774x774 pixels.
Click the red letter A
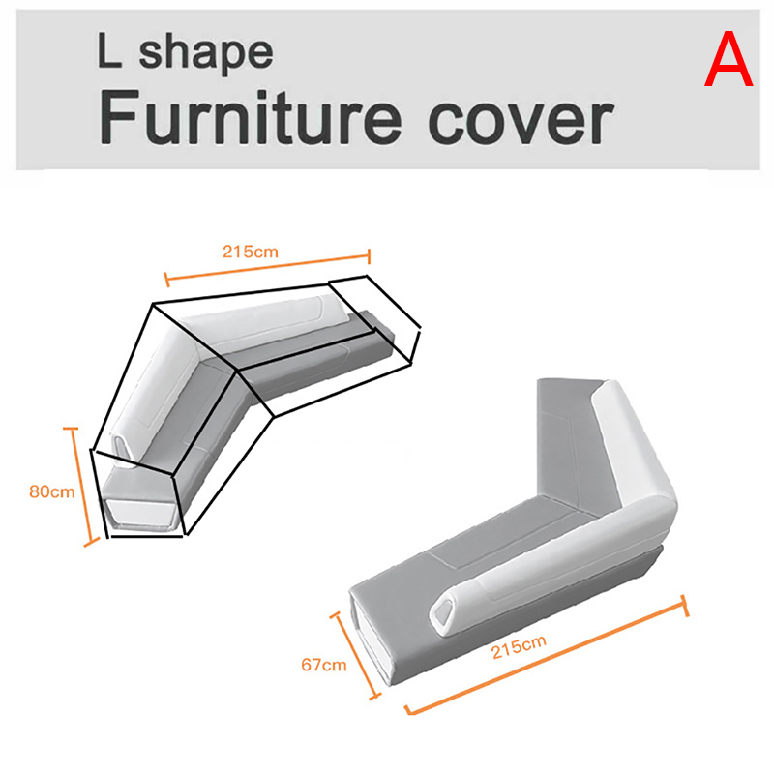[x=729, y=59]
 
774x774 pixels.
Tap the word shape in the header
[x=206, y=52]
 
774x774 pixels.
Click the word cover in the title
[x=521, y=121]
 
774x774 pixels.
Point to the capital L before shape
[x=109, y=50]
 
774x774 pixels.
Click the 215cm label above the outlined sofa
[x=251, y=252]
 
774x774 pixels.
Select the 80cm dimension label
[x=52, y=491]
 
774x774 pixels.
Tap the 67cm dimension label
[x=324, y=665]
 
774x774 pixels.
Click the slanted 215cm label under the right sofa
[x=519, y=647]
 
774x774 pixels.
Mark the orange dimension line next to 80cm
[x=81, y=487]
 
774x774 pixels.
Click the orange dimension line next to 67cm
[x=356, y=656]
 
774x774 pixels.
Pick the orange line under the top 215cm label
[x=267, y=268]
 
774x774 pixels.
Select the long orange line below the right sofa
[x=547, y=655]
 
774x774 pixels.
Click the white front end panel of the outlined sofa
[x=141, y=514]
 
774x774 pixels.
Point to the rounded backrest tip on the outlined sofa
[x=124, y=447]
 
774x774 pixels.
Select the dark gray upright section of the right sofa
[x=573, y=439]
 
